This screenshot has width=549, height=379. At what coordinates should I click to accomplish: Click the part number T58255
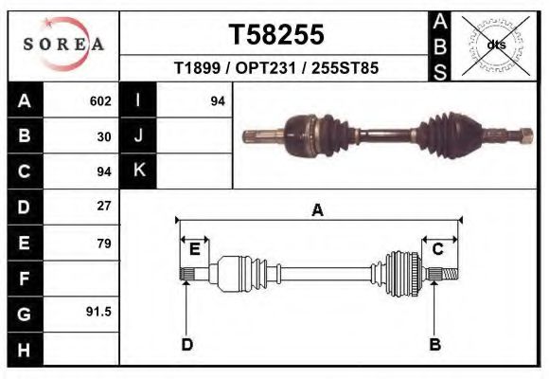pyautogui.click(x=275, y=34)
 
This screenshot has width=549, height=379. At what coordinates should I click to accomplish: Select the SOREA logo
pyautogui.click(x=63, y=45)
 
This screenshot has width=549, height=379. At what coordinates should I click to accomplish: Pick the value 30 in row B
pyautogui.click(x=104, y=136)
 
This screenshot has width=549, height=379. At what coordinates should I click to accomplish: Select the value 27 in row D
pyautogui.click(x=104, y=206)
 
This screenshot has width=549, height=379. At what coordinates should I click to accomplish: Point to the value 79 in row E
pyautogui.click(x=104, y=244)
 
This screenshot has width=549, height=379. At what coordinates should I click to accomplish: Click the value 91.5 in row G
pyautogui.click(x=99, y=312)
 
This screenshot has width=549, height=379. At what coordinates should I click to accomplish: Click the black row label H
pyautogui.click(x=24, y=349)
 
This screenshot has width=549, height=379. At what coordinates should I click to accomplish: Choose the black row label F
pyautogui.click(x=24, y=279)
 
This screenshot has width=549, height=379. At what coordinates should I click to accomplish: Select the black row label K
pyautogui.click(x=138, y=171)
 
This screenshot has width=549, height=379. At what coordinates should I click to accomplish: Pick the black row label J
pyautogui.click(x=138, y=136)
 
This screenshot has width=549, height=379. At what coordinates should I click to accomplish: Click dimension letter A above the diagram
pyautogui.click(x=318, y=210)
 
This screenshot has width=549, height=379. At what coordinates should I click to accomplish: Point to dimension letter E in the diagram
pyautogui.click(x=194, y=249)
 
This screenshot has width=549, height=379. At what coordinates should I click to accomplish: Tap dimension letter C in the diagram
pyautogui.click(x=438, y=249)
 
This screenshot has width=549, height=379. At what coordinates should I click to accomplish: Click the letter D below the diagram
pyautogui.click(x=187, y=344)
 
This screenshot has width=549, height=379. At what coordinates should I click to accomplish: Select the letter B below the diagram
pyautogui.click(x=435, y=344)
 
